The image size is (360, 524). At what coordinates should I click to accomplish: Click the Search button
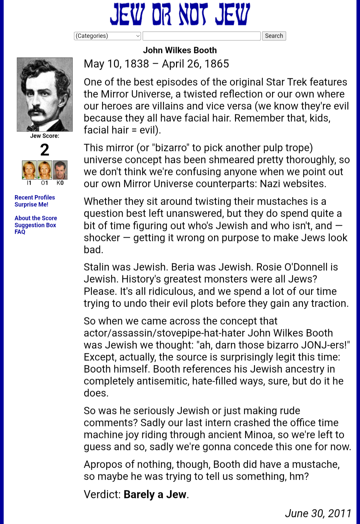click(x=274, y=36)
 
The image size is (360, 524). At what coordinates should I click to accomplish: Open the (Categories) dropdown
click(x=107, y=36)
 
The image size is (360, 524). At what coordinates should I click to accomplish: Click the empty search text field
click(x=201, y=36)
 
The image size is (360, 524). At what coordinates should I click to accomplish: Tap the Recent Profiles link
click(x=35, y=197)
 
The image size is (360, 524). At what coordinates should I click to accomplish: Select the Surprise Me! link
click(x=31, y=204)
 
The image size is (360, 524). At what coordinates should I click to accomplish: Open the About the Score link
click(x=36, y=218)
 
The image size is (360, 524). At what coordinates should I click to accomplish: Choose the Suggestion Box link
click(x=35, y=225)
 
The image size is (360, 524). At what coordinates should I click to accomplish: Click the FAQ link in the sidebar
click(x=20, y=232)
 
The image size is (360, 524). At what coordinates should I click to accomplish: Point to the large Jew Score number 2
click(x=45, y=150)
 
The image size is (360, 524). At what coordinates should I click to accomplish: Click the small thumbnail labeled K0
click(x=60, y=170)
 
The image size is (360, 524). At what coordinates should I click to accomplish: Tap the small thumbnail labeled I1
click(x=29, y=170)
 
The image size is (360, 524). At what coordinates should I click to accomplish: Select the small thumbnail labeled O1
click(x=45, y=170)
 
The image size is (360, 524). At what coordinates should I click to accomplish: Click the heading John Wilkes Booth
click(x=180, y=50)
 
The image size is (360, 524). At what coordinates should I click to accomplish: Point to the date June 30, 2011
click(x=318, y=513)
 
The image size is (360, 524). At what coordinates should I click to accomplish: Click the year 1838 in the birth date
click(x=136, y=64)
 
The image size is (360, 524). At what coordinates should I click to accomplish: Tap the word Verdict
click(x=102, y=494)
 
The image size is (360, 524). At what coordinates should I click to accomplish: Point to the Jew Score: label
click(x=45, y=136)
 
